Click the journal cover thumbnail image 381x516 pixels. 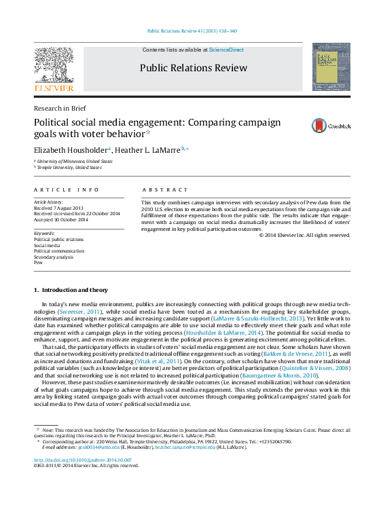[x=331, y=67]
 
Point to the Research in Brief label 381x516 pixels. [x=60, y=108]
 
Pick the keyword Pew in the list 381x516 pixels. [x=38, y=263]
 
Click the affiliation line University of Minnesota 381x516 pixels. [x=75, y=162]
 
